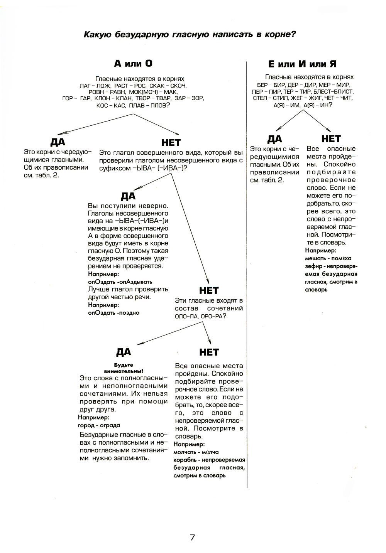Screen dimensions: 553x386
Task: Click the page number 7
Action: tap(192, 537)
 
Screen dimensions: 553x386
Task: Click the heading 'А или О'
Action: tap(133, 64)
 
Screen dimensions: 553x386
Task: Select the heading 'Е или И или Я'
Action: tap(302, 64)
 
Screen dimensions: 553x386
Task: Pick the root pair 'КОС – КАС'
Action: tap(111, 105)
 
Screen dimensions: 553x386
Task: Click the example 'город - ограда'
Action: tap(99, 425)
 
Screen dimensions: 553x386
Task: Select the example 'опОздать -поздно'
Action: tap(113, 313)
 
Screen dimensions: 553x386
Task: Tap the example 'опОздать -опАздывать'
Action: tap(120, 282)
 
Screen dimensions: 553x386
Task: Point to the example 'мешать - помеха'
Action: tap(328, 258)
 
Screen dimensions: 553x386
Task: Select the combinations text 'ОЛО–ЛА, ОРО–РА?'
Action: tap(200, 316)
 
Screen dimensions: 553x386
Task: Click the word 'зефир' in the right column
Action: tap(313, 266)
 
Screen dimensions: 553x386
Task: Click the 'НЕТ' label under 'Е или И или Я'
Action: tap(331, 138)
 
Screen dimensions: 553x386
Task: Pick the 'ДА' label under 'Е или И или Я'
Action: tap(274, 139)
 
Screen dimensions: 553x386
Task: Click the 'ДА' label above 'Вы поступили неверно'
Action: tap(128, 196)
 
